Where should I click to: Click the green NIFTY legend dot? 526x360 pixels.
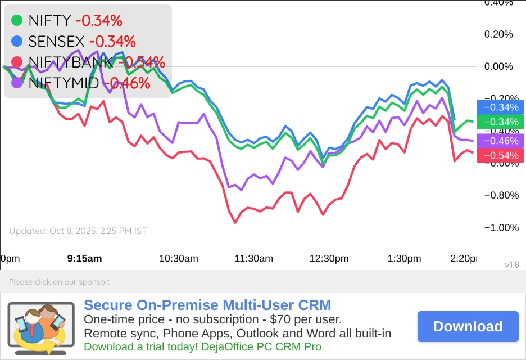pos(17,21)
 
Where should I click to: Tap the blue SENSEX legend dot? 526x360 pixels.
pos(17,41)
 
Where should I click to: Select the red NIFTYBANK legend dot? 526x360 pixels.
pos(17,62)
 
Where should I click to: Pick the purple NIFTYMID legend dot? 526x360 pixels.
pos(17,83)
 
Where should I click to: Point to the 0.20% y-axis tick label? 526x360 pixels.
pos(498,34)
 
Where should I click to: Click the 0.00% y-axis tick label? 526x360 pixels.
pos(498,66)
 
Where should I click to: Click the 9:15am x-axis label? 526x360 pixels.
pos(84,259)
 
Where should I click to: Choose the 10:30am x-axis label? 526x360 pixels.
pos(179,259)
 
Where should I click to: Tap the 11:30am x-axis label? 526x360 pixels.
pos(254,259)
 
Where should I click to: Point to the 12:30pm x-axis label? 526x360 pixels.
pos(329,259)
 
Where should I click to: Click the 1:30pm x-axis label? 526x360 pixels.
pos(404,259)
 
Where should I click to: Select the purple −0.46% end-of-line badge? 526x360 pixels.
pos(500,141)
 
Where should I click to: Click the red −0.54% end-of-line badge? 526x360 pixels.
pos(500,156)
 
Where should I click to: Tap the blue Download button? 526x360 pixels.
pos(468,326)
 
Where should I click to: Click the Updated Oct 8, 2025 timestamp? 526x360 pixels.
pos(78,231)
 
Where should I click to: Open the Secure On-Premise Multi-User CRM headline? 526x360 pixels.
pos(207,305)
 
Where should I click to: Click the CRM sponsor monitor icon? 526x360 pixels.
pos(40,327)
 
